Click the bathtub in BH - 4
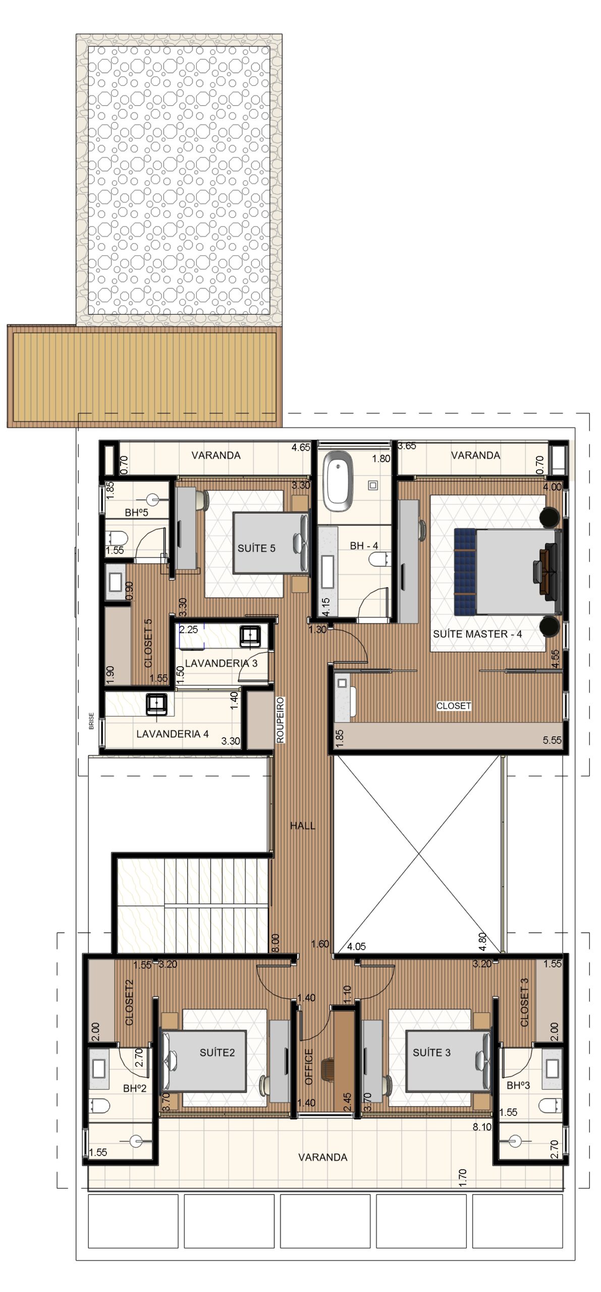(338, 481)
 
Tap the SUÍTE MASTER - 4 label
(477, 634)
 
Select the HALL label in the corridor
(302, 826)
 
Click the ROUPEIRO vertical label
(281, 720)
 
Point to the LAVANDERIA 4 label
(173, 734)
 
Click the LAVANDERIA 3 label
(221, 663)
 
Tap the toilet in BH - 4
(378, 559)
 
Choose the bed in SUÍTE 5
(271, 543)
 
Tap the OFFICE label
(309, 1067)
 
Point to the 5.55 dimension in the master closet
(552, 740)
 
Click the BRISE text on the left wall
(91, 721)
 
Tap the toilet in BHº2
(99, 1106)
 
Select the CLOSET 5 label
(148, 643)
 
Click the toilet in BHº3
(551, 1106)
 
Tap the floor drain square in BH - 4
(373, 486)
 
